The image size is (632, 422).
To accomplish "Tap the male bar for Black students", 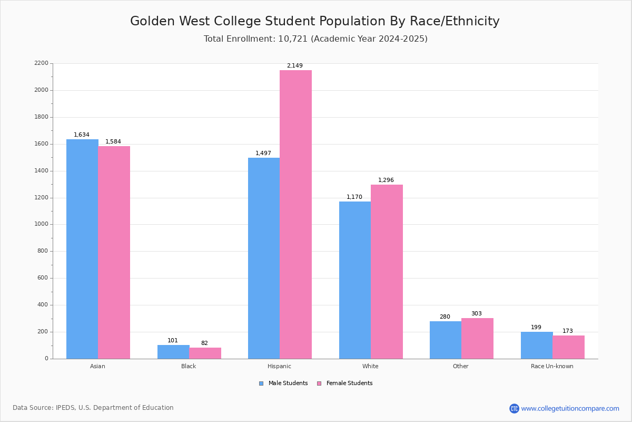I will [x=173, y=352].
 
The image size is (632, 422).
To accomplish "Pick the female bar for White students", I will [x=387, y=272].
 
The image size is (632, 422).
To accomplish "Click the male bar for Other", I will [x=446, y=340].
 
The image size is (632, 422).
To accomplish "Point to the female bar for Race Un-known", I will [x=568, y=347].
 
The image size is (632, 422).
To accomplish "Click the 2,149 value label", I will [x=294, y=66].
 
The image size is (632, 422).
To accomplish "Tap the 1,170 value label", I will [x=354, y=197].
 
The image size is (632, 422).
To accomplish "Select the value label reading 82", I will [x=204, y=343].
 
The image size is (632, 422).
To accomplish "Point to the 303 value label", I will [x=476, y=314].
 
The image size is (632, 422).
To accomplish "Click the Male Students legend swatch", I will [x=261, y=383].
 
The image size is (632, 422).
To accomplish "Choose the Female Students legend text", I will [x=349, y=383].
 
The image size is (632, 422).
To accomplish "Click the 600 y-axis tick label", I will [x=43, y=278].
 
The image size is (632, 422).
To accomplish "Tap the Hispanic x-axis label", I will [x=279, y=366].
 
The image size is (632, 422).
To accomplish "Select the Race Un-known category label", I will [x=552, y=366].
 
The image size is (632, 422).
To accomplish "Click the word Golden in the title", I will [x=153, y=22].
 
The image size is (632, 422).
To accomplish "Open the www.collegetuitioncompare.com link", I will [x=570, y=408].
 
